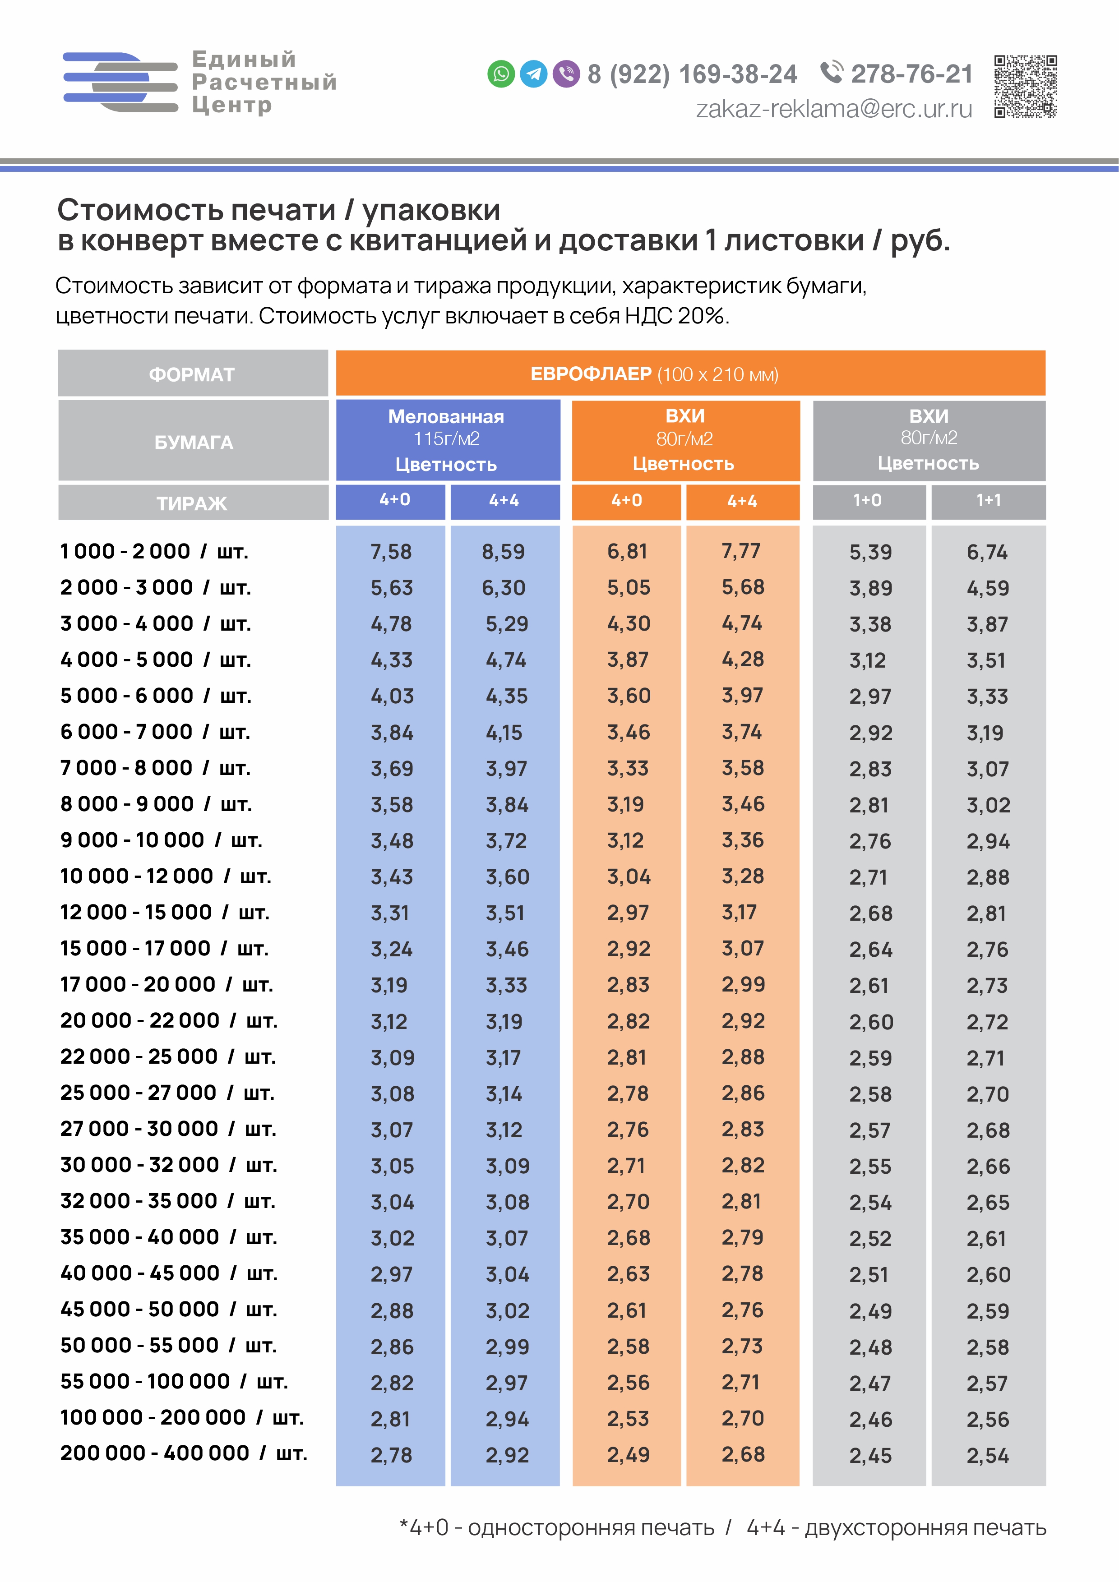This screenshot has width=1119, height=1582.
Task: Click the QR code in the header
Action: [1025, 86]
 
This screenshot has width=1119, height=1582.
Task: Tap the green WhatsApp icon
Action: [501, 74]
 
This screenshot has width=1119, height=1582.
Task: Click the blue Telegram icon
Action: [533, 74]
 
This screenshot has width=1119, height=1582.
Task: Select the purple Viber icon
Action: [566, 74]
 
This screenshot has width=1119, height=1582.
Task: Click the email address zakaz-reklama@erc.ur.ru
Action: [834, 109]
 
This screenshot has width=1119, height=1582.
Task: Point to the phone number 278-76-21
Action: [911, 74]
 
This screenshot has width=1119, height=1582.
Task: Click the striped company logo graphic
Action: [120, 82]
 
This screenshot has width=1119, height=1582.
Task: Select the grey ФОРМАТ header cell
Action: [193, 374]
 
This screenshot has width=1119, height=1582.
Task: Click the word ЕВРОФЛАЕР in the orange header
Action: [591, 374]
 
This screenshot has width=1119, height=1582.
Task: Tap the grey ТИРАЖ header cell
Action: [193, 503]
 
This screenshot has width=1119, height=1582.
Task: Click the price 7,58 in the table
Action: [391, 552]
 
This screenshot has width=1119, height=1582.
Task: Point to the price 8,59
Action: [503, 552]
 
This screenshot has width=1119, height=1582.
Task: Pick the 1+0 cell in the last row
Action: [870, 1456]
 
